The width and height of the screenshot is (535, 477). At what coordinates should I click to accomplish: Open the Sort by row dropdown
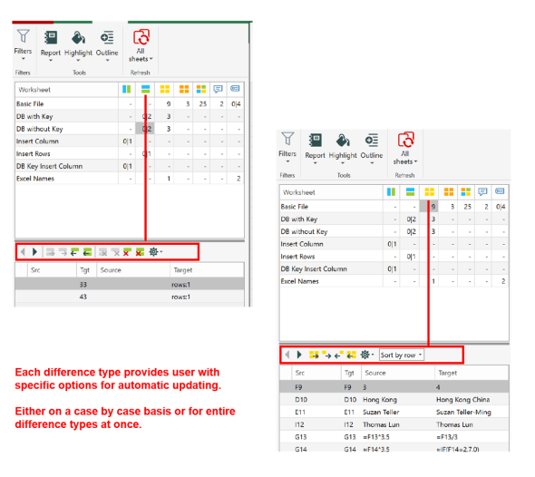coord(401,355)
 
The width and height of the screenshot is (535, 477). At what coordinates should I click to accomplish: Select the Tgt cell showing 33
coord(83,284)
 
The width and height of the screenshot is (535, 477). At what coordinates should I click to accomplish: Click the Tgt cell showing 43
coord(83,297)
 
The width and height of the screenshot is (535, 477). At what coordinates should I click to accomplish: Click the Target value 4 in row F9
coord(439,385)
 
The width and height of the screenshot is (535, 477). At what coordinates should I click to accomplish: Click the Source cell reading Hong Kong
coord(381,398)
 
